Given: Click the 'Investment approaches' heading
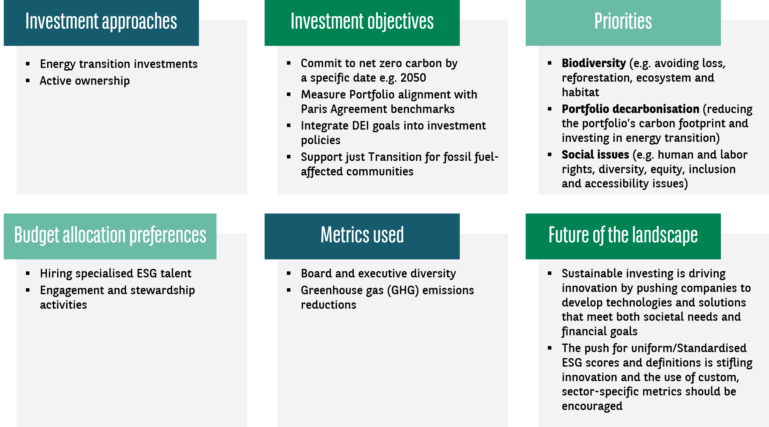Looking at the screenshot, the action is [x=101, y=21].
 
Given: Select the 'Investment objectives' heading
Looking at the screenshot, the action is [x=362, y=21].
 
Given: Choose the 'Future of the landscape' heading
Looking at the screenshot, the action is [x=623, y=235].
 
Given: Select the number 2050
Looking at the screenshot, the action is [x=413, y=78].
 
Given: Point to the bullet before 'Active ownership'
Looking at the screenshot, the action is [x=28, y=81].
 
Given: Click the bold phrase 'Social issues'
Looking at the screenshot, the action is [x=595, y=155].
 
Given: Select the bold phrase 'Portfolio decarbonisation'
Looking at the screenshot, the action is [x=630, y=109].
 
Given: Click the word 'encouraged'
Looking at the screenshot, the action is [x=592, y=406].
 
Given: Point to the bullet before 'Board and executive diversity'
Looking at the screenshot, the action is [x=289, y=274].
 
